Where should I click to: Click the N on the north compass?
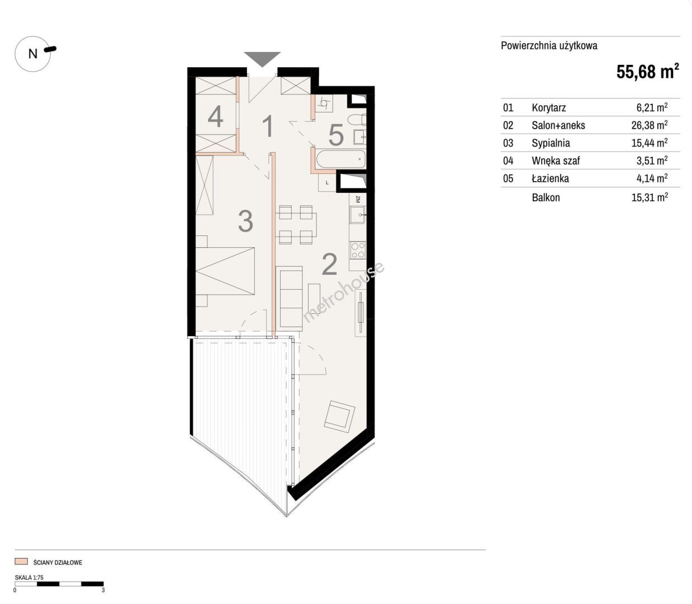33,54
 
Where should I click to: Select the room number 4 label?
215,116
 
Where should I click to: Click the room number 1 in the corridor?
268,126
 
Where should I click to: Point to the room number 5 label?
336,135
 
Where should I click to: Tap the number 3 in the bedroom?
245,221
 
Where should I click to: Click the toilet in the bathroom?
357,120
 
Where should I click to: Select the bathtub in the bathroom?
340,159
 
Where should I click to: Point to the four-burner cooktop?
358,251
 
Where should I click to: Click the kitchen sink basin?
357,215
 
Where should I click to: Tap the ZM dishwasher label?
358,199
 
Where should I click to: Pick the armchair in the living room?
340,416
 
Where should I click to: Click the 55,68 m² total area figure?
648,71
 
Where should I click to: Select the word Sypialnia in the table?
551,143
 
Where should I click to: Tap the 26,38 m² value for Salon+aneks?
650,125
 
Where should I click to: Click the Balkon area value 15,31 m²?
650,197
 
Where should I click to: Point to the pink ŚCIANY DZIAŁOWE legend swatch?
21,561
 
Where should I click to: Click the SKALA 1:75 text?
29,578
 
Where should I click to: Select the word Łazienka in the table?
550,178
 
